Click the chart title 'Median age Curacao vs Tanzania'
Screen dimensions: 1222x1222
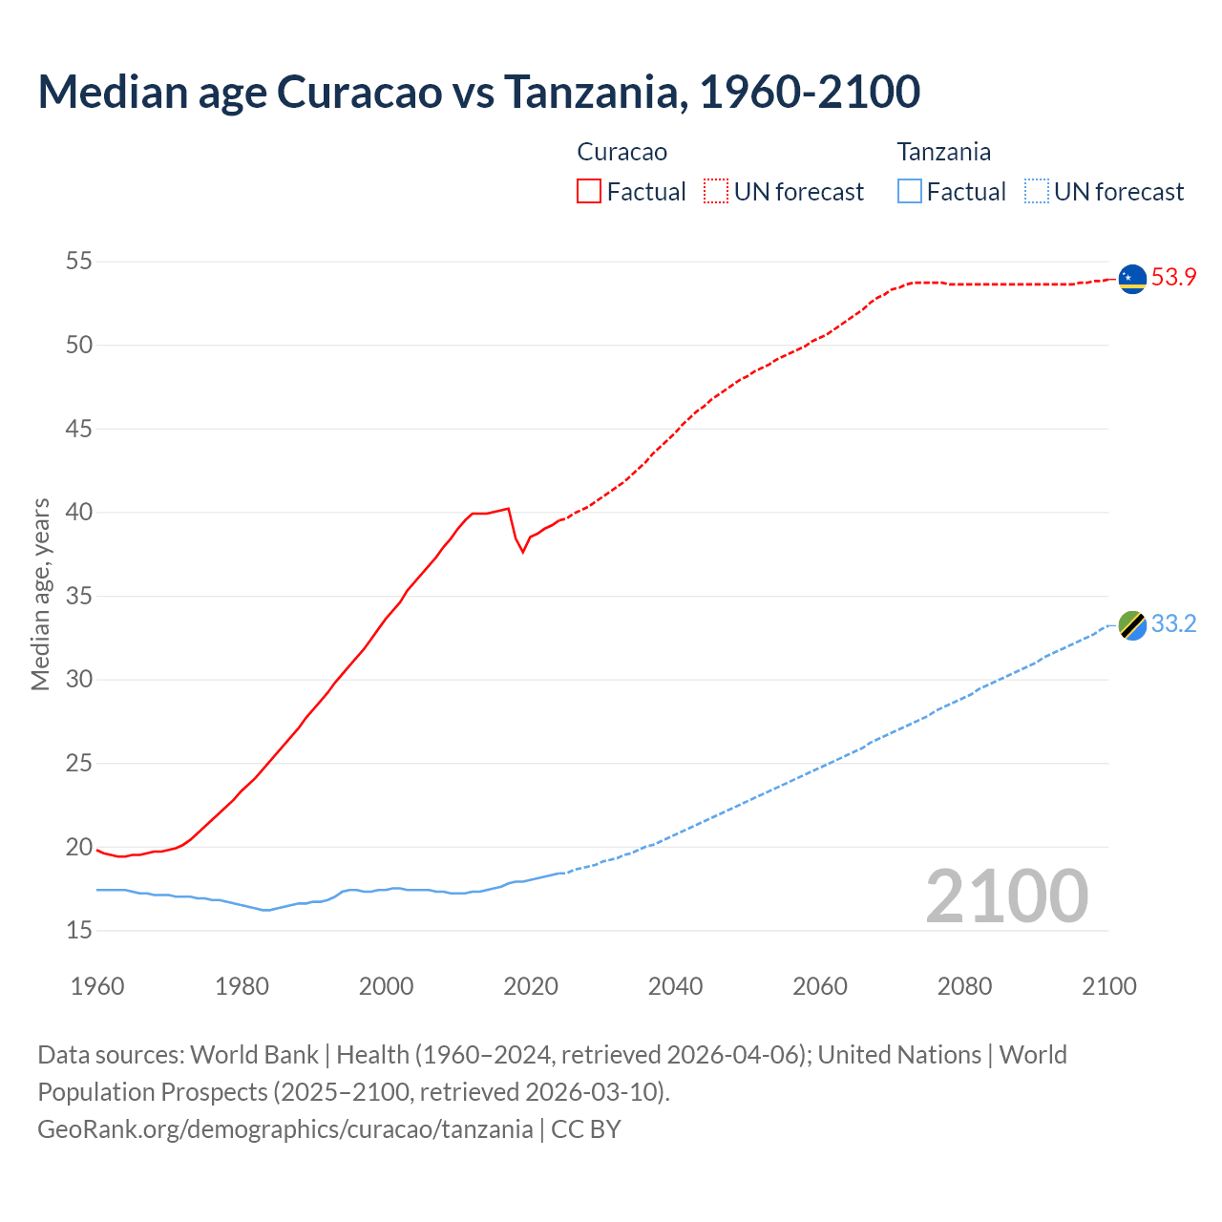[x=478, y=92]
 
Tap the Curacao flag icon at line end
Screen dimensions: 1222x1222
[x=1132, y=279]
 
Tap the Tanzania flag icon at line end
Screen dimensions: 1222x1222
[x=1132, y=625]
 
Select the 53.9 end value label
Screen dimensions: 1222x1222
[x=1173, y=278]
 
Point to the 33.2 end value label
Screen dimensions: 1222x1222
[x=1173, y=624]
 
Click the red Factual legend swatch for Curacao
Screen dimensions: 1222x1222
[x=589, y=192]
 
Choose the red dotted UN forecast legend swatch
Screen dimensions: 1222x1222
[x=716, y=192]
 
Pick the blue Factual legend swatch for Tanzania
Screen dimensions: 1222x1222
[x=910, y=192]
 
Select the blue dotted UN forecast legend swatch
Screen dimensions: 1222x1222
[x=1036, y=192]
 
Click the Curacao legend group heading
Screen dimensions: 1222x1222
[x=622, y=152]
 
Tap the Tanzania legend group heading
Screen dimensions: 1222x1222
[x=943, y=152]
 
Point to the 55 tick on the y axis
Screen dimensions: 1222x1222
[x=79, y=262]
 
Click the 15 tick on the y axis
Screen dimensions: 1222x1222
[x=79, y=930]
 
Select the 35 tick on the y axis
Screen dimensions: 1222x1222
[x=79, y=597]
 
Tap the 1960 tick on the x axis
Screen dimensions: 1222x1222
[x=97, y=986]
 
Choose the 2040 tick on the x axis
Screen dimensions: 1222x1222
[x=675, y=986]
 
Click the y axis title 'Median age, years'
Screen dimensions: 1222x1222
[x=40, y=594]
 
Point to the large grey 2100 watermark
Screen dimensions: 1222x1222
[x=1006, y=895]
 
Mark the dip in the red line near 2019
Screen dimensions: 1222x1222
[x=522, y=551]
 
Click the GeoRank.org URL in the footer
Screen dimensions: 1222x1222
[x=284, y=1129]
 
